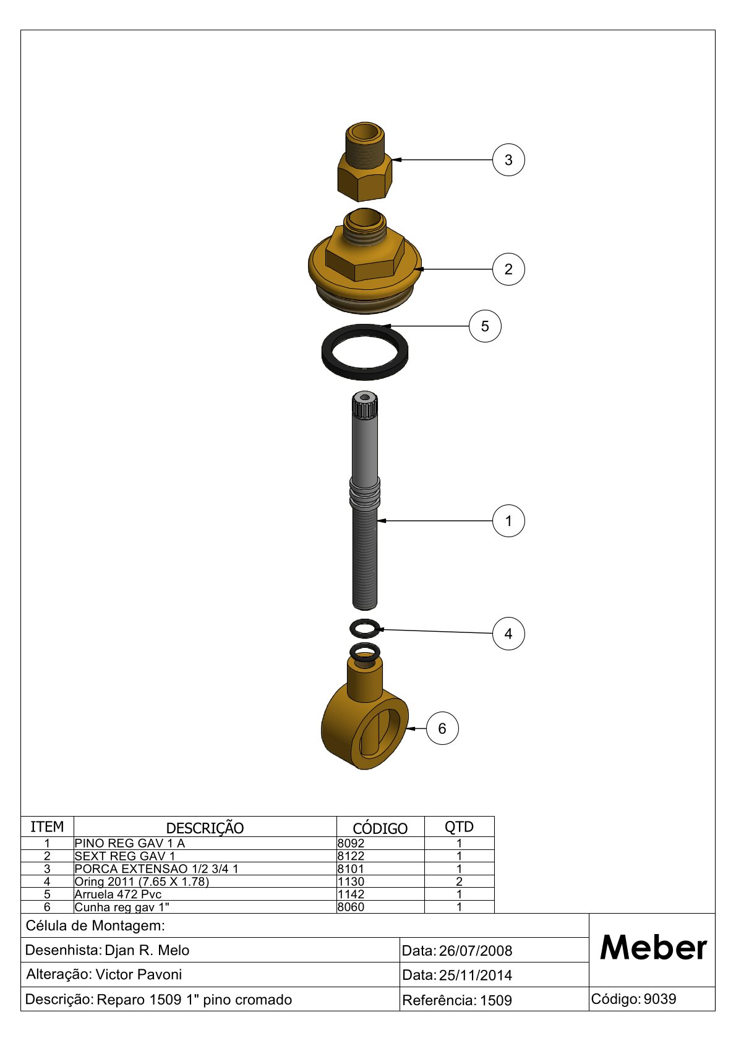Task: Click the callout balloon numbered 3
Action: point(508,160)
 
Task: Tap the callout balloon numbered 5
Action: point(485,326)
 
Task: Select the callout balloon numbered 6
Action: point(442,728)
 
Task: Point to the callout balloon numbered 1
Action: point(508,520)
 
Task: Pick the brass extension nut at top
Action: point(365,162)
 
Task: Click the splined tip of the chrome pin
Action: point(365,405)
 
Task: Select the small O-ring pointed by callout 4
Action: point(365,634)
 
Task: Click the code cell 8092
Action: point(351,843)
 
